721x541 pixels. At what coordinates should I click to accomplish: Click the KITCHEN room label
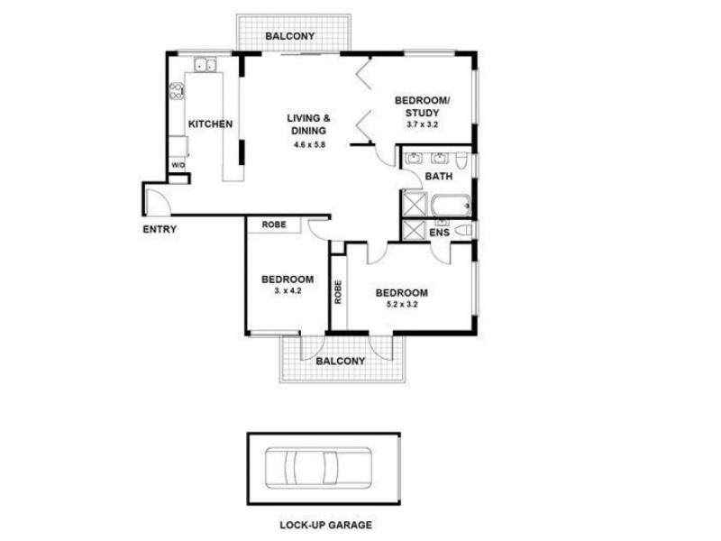tap(210, 124)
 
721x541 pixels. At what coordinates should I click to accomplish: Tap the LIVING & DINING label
tap(308, 124)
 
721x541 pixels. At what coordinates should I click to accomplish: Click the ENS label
tap(439, 233)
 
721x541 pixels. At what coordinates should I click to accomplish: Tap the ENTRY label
tap(160, 229)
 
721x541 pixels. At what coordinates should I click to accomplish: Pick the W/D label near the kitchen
tap(178, 166)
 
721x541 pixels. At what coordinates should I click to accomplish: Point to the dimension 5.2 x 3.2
tap(401, 305)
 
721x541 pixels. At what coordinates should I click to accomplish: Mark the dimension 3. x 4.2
tap(287, 291)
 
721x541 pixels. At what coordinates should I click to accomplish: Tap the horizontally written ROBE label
tap(275, 225)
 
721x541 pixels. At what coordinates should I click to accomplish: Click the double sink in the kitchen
tap(203, 64)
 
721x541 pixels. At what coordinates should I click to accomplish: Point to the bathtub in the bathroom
tap(450, 206)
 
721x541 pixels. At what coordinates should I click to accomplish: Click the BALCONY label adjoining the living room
tap(290, 36)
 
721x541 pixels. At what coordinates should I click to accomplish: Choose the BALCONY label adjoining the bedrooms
tap(341, 361)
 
